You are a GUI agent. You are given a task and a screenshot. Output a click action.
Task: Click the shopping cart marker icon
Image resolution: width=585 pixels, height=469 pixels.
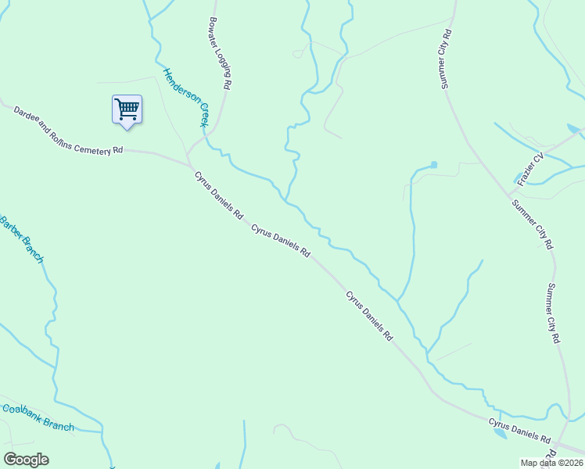126,109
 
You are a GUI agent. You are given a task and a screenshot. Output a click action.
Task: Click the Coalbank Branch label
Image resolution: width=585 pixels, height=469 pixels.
38,417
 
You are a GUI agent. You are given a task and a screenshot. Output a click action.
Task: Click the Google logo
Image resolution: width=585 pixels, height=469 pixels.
26,460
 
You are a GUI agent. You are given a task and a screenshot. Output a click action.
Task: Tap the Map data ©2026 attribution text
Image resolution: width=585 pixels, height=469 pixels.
552,463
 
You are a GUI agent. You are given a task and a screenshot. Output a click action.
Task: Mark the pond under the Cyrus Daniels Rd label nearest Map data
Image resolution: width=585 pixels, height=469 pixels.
500,433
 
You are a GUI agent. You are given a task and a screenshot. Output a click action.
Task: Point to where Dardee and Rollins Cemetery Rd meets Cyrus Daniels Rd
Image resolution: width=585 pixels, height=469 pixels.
188,163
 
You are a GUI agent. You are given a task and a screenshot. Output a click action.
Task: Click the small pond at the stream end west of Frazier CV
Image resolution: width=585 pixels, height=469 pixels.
434,165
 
